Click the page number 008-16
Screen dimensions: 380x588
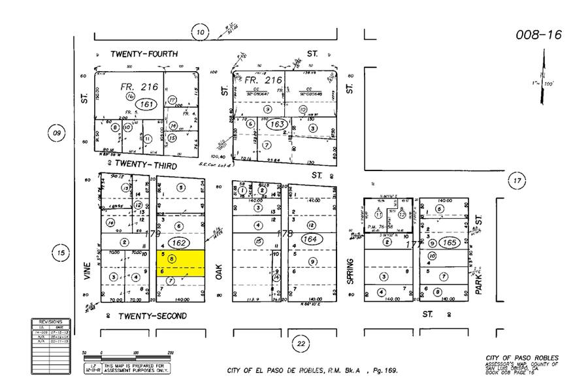538,35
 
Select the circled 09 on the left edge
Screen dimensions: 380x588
57,133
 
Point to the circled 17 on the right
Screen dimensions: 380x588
517,180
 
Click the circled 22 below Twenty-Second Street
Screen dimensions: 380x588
300,343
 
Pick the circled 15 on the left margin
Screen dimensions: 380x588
61,253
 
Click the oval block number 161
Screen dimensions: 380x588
146,104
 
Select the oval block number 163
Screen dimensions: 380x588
277,124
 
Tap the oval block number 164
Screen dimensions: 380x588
310,240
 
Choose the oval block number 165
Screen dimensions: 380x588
449,242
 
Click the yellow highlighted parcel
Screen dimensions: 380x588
180,263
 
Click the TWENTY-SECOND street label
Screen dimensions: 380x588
152,316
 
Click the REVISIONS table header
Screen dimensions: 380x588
50,322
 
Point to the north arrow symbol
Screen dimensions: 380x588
542,78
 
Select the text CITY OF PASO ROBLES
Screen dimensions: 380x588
522,358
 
